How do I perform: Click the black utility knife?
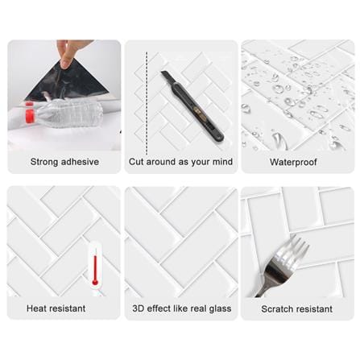(x=192, y=106)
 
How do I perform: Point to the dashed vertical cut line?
(x=147, y=103)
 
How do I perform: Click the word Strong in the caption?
(x=44, y=162)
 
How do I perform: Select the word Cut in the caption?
(x=136, y=162)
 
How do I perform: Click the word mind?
(x=222, y=162)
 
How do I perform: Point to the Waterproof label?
(x=293, y=162)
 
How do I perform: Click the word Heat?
(x=36, y=308)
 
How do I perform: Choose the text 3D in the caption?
(x=139, y=308)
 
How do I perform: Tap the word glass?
(x=220, y=308)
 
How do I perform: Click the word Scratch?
(x=275, y=309)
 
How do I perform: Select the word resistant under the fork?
(x=312, y=309)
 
